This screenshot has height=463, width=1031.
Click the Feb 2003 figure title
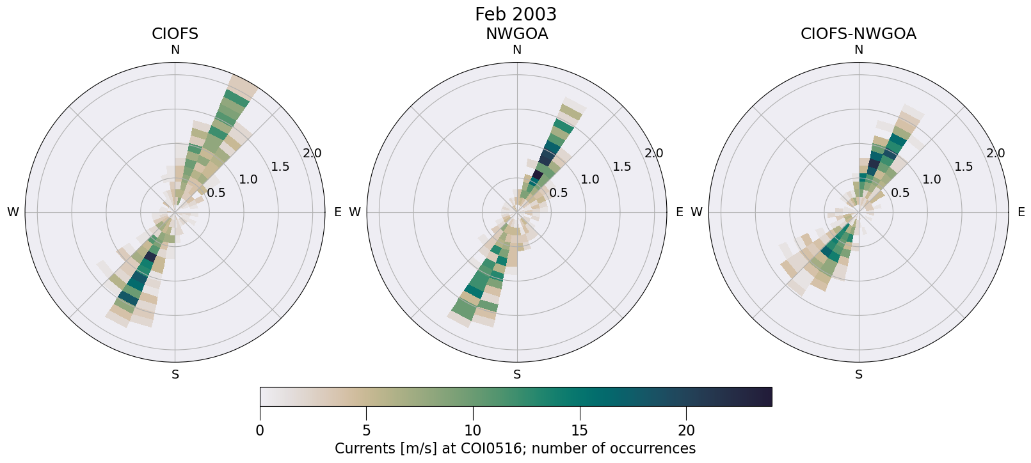click(516, 14)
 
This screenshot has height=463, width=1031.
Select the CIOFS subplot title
click(175, 34)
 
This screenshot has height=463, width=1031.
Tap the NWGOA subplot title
click(516, 34)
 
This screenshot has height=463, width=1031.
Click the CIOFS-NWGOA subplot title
click(858, 34)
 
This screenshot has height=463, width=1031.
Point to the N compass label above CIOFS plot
click(175, 50)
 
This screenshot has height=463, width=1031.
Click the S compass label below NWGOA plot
click(517, 375)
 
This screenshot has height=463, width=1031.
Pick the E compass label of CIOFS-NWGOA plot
click(1021, 212)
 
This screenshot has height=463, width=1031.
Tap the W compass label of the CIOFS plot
click(13, 212)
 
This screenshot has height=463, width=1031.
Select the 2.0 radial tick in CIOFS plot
click(312, 153)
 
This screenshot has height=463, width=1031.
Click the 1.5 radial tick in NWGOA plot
click(622, 167)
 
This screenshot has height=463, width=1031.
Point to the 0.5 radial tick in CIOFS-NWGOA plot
click(900, 193)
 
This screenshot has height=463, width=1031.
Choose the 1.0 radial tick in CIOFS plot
click(248, 180)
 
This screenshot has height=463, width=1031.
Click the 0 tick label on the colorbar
click(260, 430)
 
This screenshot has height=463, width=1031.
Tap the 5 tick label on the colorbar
click(366, 430)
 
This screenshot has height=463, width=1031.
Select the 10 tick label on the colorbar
click(473, 430)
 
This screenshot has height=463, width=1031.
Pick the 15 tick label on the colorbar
click(580, 430)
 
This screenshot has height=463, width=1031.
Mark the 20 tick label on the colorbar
click(686, 430)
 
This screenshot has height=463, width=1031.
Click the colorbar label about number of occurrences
click(515, 448)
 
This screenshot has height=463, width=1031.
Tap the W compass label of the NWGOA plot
click(355, 212)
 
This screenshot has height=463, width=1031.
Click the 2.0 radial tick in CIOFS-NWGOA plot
click(996, 153)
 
